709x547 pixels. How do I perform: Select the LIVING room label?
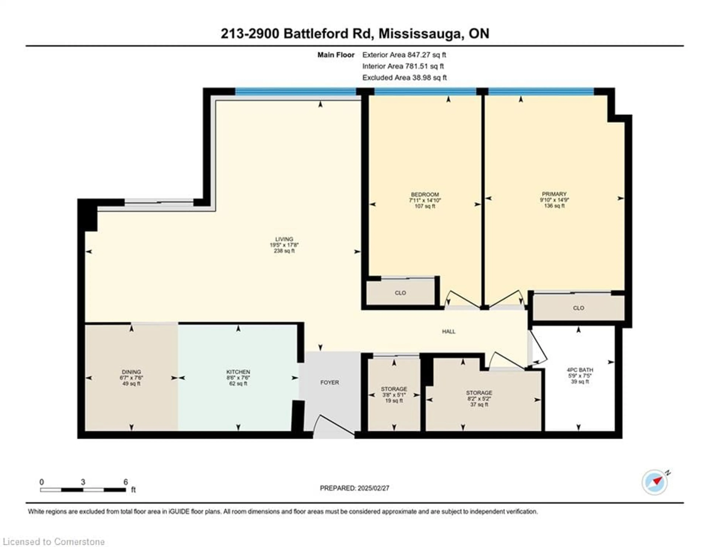click(x=284, y=239)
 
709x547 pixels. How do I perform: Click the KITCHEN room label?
click(x=238, y=372)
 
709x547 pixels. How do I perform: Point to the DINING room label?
click(x=131, y=372)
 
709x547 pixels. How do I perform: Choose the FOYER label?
click(x=330, y=383)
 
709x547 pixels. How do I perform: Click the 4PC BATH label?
click(x=580, y=370)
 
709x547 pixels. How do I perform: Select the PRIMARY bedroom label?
click(x=554, y=194)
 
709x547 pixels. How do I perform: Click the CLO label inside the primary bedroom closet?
click(x=578, y=308)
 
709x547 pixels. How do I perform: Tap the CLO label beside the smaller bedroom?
click(x=400, y=293)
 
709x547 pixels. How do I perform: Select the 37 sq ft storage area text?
click(x=479, y=405)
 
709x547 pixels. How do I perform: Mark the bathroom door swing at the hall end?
click(x=537, y=350)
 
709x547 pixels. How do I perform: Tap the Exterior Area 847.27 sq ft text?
click(x=404, y=55)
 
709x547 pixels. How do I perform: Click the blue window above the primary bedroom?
click(x=541, y=92)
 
